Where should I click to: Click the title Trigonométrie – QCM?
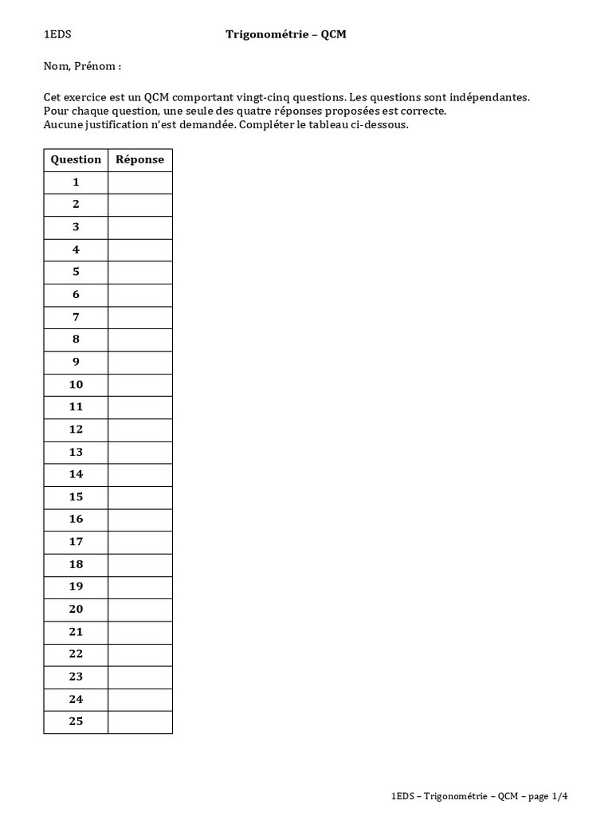(286, 34)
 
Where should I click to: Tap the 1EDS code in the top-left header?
(57, 34)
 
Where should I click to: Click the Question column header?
(76, 159)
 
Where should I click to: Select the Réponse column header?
(140, 159)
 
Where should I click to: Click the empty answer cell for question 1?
(140, 182)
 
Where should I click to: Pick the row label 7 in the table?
(76, 317)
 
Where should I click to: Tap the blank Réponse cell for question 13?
(140, 452)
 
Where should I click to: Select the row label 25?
(76, 722)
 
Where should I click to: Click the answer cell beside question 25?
(140, 722)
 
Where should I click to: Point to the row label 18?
(76, 564)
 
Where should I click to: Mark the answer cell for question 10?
(140, 385)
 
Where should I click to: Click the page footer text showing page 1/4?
(481, 795)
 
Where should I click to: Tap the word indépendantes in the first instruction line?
(490, 97)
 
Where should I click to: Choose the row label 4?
(76, 249)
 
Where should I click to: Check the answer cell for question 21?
(140, 632)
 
